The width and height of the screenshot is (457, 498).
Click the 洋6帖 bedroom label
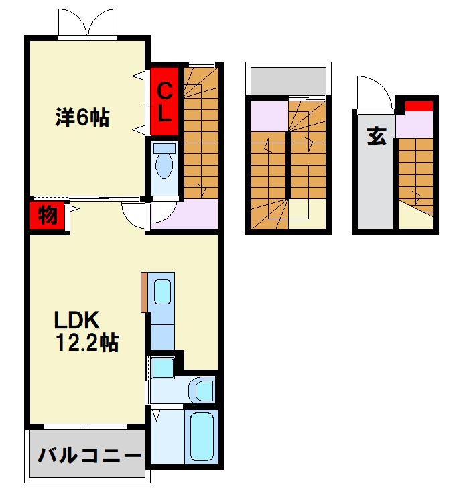82,117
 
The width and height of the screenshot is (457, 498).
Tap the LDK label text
77,320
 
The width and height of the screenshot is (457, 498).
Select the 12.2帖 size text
87,343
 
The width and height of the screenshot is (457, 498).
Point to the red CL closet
165,101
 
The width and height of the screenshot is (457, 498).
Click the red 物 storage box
48,215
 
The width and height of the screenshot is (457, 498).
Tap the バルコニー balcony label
89,456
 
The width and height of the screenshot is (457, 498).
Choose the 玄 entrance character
377,137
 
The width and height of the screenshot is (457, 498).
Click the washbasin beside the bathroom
202,389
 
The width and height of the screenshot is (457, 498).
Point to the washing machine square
163,368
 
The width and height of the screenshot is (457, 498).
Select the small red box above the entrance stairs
419,106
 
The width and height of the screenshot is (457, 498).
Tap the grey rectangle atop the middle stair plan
288,81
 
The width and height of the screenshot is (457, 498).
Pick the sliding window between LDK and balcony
86,426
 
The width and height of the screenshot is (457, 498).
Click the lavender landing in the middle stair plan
269,116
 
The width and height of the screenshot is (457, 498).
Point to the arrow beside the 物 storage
74,209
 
